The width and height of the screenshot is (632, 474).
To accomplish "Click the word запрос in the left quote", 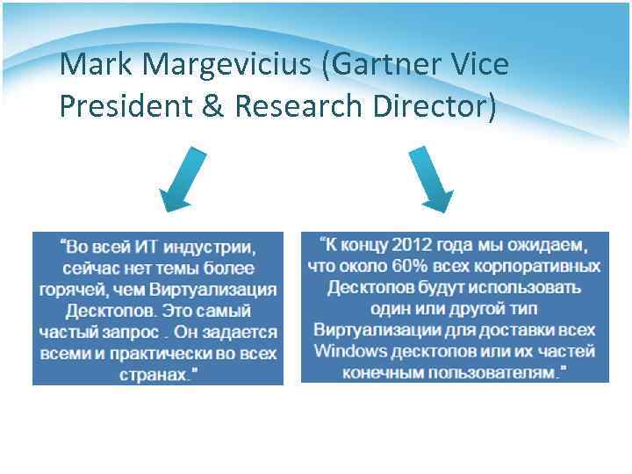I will (x=133, y=333).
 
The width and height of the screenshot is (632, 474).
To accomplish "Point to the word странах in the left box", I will (x=154, y=375).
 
